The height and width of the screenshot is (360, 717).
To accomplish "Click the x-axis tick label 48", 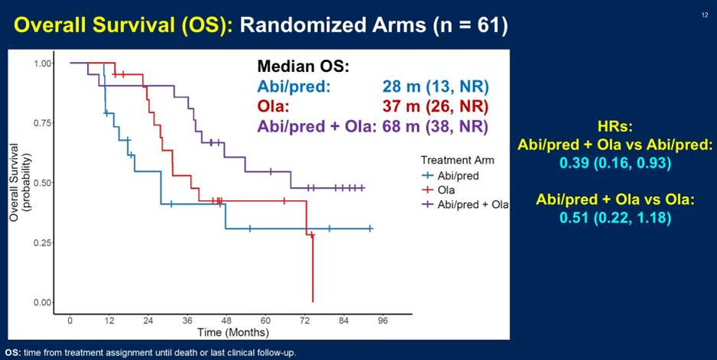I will pos(226,320).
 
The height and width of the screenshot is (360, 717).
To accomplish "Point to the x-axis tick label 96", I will pos(383,320).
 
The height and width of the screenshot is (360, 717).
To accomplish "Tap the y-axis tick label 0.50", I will pos(42,183).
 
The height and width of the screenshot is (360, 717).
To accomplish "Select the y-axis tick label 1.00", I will pos(42,63).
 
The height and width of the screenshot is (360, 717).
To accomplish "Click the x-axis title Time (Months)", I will pos(233,332).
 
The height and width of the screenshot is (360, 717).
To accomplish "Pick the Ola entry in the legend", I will pos(446,190).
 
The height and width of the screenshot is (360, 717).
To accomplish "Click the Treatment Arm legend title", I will pos(457,161).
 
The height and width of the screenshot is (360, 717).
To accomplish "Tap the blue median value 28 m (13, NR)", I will pos(436,86).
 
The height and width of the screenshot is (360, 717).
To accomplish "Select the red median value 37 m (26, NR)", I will pos(436,106).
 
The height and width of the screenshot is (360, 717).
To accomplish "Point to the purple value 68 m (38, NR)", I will pos(436,126).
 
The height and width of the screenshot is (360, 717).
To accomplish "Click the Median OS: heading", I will pos(303,66).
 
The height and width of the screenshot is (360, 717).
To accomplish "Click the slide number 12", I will pos(704,15).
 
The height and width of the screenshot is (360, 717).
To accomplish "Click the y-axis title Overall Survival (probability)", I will pos(21,183).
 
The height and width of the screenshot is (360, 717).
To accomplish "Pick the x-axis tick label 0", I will pos(70,320).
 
